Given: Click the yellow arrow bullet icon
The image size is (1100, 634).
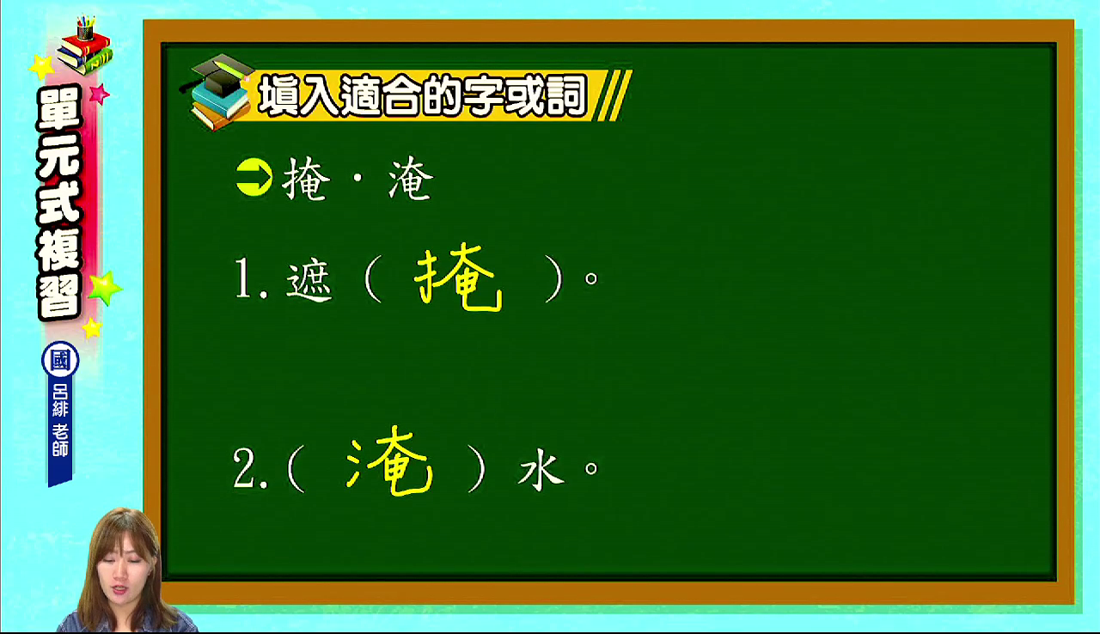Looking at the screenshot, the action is pyautogui.click(x=254, y=178).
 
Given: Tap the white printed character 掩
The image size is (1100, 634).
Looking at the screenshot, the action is pyautogui.click(x=305, y=179).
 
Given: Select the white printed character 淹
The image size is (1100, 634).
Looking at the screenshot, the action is pyautogui.click(x=411, y=179).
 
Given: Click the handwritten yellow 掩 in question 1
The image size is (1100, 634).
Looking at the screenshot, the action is pyautogui.click(x=459, y=278).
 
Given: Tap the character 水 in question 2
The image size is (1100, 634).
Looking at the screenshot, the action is pyautogui.click(x=541, y=469).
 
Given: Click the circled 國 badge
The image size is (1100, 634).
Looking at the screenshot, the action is pyautogui.click(x=60, y=360).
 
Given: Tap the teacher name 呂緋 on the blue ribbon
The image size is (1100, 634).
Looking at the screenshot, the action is pyautogui.click(x=60, y=400).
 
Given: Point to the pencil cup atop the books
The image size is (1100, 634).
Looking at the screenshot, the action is pyautogui.click(x=85, y=28).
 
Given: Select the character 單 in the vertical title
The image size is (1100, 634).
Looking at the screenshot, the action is pyautogui.click(x=59, y=109).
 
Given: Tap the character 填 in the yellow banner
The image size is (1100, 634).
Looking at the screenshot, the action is pyautogui.click(x=279, y=95).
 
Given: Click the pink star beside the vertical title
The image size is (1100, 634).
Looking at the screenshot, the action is pyautogui.click(x=99, y=94).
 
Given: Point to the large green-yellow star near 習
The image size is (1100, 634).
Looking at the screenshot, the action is pyautogui.click(x=105, y=288).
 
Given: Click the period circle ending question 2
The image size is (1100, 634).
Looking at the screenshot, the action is pyautogui.click(x=591, y=468).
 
